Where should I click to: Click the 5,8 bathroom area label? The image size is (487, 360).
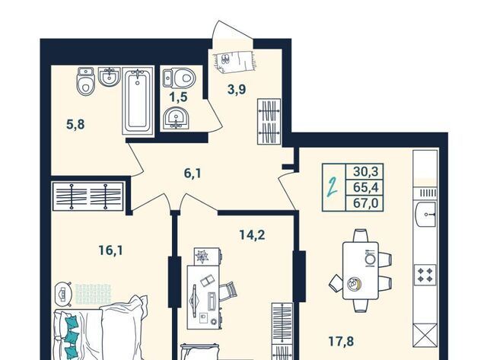[75, 125]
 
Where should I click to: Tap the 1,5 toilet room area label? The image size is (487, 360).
[178, 97]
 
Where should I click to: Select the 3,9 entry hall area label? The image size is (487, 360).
[237, 90]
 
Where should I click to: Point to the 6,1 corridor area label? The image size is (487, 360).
[193, 173]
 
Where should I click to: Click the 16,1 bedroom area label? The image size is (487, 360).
[110, 250]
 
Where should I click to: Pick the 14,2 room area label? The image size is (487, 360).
[252, 235]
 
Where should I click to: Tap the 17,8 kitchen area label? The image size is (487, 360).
[341, 342]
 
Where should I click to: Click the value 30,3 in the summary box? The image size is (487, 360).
[365, 171]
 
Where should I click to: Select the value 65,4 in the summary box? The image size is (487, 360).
[365, 187]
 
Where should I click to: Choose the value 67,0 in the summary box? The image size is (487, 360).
[365, 203]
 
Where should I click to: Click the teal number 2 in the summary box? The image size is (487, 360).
[333, 187]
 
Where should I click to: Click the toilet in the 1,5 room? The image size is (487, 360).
[180, 78]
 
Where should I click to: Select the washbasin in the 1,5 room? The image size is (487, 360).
[177, 118]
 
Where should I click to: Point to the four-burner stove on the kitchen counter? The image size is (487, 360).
[425, 275]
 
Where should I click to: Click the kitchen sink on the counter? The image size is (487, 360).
[425, 215]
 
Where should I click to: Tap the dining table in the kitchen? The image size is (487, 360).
[361, 270]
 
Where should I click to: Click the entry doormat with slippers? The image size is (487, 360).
[234, 61]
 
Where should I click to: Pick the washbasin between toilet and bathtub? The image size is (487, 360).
[110, 77]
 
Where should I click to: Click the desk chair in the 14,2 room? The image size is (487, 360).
[228, 291]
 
